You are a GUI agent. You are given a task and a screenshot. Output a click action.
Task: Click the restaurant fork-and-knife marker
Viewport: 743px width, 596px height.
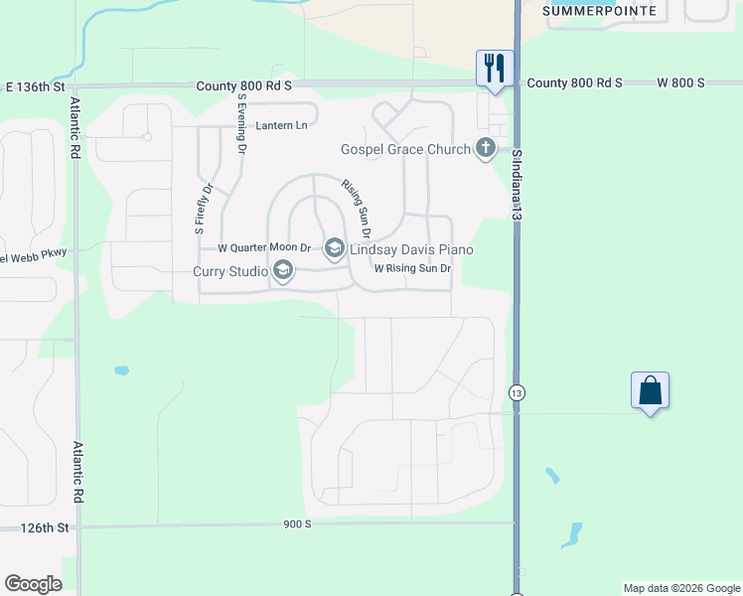point(495,68)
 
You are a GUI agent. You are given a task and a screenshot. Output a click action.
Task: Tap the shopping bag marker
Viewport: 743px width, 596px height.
point(650,389)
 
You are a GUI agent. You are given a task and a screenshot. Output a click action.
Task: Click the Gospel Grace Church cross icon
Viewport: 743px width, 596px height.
point(486,149)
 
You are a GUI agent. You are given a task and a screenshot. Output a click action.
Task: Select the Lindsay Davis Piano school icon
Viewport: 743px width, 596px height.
point(335,248)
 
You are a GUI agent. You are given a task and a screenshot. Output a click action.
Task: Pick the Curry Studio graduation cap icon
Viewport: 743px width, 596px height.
point(283,270)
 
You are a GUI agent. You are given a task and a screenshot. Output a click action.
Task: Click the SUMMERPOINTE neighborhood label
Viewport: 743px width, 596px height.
point(599,10)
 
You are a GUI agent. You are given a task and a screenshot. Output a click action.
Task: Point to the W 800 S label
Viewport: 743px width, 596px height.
point(680,83)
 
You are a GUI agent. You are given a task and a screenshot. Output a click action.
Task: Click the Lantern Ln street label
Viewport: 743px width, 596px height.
point(282,126)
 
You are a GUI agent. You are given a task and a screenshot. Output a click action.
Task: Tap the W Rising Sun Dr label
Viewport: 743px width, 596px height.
point(412,268)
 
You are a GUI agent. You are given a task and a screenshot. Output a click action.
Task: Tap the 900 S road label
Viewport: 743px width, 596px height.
point(297,523)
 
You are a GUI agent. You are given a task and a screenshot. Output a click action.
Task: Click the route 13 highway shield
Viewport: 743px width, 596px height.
point(517,392)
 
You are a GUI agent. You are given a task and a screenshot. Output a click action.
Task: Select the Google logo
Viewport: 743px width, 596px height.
point(33,584)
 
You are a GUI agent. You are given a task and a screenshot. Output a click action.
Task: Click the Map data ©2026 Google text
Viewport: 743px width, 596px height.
point(681,588)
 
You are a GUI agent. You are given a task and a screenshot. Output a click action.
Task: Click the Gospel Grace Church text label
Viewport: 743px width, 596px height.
point(405,149)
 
